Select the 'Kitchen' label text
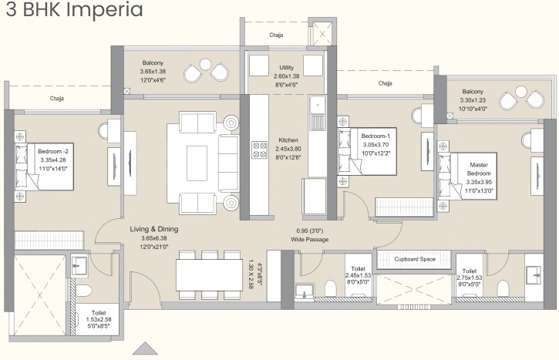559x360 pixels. tap(288, 140)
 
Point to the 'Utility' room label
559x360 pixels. tap(286, 68)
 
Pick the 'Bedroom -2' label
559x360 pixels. tap(53, 152)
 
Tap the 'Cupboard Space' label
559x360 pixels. tap(415, 259)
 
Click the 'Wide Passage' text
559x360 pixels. tap(310, 240)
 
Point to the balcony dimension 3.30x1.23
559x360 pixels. tap(473, 100)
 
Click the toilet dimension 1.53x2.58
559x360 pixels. tap(97, 318)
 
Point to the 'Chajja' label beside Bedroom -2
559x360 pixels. tap(56, 99)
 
